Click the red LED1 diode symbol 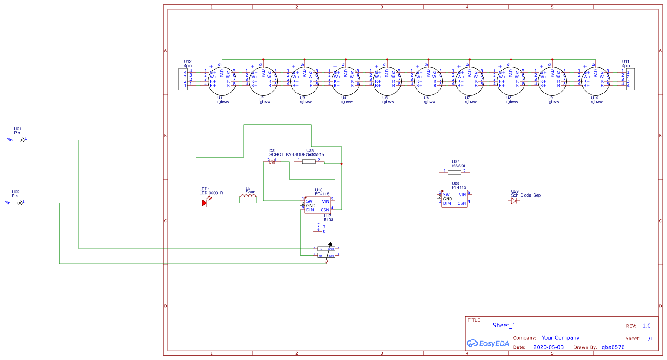(x=205, y=203)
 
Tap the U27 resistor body (x=454, y=173)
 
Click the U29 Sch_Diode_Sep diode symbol (x=515, y=201)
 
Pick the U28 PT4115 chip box (x=454, y=199)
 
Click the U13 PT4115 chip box (x=317, y=205)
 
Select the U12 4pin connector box (x=183, y=79)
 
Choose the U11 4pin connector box (x=630, y=79)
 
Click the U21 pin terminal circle (x=22, y=140)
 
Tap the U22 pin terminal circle (x=20, y=203)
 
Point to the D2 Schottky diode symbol (x=272, y=162)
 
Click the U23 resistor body (x=309, y=162)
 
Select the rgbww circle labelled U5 (x=387, y=81)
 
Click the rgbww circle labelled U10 (x=595, y=81)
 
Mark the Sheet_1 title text (x=504, y=325)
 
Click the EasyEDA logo (x=488, y=343)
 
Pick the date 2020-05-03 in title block (x=548, y=347)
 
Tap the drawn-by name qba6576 (x=613, y=347)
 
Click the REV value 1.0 (x=647, y=326)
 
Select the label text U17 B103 (x=328, y=218)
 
